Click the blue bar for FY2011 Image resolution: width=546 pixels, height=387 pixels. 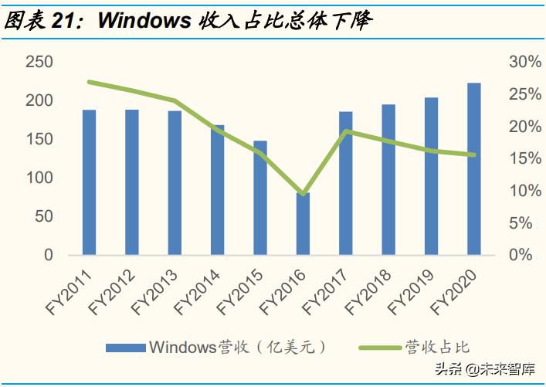point(90,182)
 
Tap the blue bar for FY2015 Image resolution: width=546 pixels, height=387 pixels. point(260,198)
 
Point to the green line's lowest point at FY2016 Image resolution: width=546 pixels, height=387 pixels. point(304,193)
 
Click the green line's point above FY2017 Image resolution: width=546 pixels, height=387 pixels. point(347,131)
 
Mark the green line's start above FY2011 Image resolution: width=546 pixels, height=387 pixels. point(90,82)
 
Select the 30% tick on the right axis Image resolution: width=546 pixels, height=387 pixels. point(513,63)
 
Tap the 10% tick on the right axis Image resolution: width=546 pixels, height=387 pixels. point(513,191)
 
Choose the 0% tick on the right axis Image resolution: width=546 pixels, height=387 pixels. point(516,255)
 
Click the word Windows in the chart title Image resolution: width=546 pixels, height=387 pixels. point(143,22)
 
